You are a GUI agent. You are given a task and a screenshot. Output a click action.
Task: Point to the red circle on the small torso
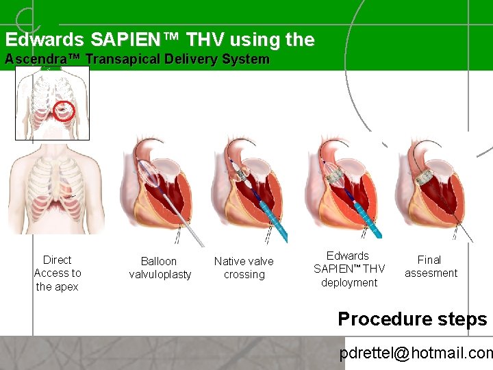click(63, 110)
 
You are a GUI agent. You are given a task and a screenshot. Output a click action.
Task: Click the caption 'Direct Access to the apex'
click(57, 273)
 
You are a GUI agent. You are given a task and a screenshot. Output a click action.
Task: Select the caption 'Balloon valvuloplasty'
click(160, 268)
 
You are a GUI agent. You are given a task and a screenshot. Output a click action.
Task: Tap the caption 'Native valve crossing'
click(244, 268)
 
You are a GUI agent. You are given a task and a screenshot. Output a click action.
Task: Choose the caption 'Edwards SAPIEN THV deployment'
click(349, 269)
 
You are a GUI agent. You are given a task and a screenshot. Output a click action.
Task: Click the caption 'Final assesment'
click(430, 267)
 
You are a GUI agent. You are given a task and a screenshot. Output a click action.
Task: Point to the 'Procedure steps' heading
click(412, 319)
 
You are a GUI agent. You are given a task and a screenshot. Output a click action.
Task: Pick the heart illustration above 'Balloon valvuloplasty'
click(159, 192)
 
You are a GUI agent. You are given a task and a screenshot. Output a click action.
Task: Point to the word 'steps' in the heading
click(462, 319)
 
